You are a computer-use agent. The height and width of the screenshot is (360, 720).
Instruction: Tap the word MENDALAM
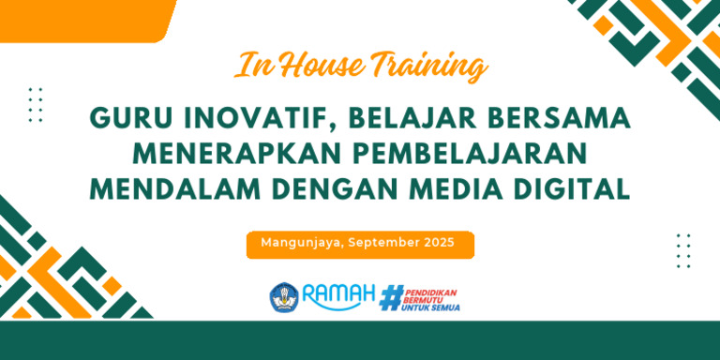tap(175, 190)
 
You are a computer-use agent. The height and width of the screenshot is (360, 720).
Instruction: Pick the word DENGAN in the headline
tap(335, 190)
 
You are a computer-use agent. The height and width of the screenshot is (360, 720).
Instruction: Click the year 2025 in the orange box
tap(440, 243)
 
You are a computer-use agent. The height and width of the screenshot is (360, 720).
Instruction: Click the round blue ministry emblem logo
tap(284, 297)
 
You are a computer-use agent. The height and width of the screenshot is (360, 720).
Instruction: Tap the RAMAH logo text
tap(338, 295)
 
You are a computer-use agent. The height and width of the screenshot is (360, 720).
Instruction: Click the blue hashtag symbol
tap(391, 297)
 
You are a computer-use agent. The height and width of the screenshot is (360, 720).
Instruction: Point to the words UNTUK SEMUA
tap(430, 307)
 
